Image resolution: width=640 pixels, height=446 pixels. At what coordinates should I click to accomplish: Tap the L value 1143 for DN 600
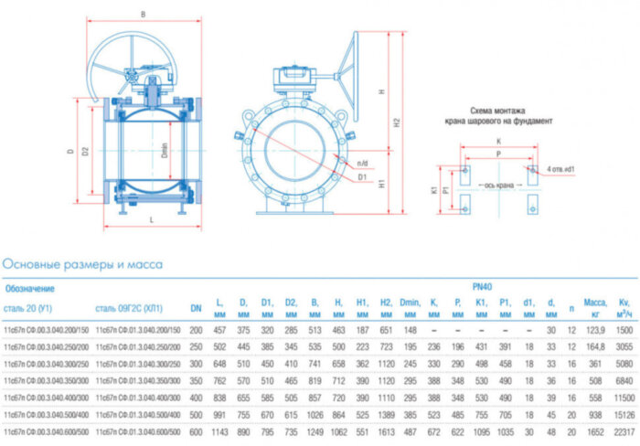(x=219, y=430)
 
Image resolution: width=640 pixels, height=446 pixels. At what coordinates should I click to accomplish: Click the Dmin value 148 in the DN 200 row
(x=410, y=329)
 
